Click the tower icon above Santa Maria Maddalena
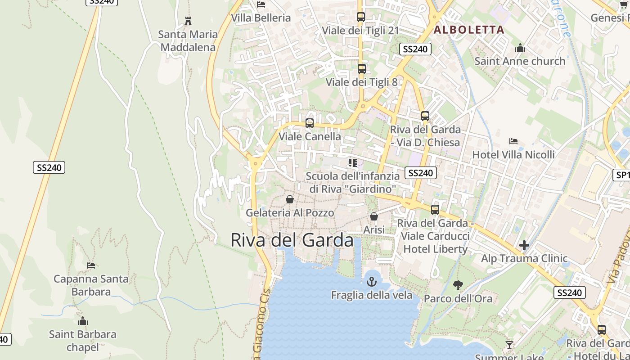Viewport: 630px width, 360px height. [188, 21]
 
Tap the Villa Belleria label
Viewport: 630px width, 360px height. [261, 18]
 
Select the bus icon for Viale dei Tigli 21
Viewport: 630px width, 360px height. [360, 17]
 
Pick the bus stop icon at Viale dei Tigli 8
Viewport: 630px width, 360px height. [361, 69]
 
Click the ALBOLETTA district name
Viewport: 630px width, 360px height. [468, 30]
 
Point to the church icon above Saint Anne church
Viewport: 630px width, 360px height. [520, 48]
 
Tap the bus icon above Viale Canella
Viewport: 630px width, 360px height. [310, 123]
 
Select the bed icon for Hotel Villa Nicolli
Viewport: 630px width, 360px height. [513, 141]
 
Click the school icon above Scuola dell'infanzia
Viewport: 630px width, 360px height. [352, 162]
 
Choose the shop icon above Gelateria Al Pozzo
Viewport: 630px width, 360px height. [290, 199]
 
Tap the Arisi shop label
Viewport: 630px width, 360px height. [374, 229]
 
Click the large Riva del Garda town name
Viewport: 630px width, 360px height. [292, 240]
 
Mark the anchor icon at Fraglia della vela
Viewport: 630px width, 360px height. [371, 282]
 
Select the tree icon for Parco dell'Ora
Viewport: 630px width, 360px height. [458, 285]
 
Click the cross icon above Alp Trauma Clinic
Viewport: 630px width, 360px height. [524, 245]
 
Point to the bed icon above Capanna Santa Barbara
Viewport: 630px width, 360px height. [91, 265]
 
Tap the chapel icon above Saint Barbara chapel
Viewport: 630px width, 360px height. [82, 321]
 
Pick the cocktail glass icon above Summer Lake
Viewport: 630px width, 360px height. [509, 345]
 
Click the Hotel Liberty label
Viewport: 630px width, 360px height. [435, 249]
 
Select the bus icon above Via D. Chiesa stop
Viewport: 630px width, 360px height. [425, 116]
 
